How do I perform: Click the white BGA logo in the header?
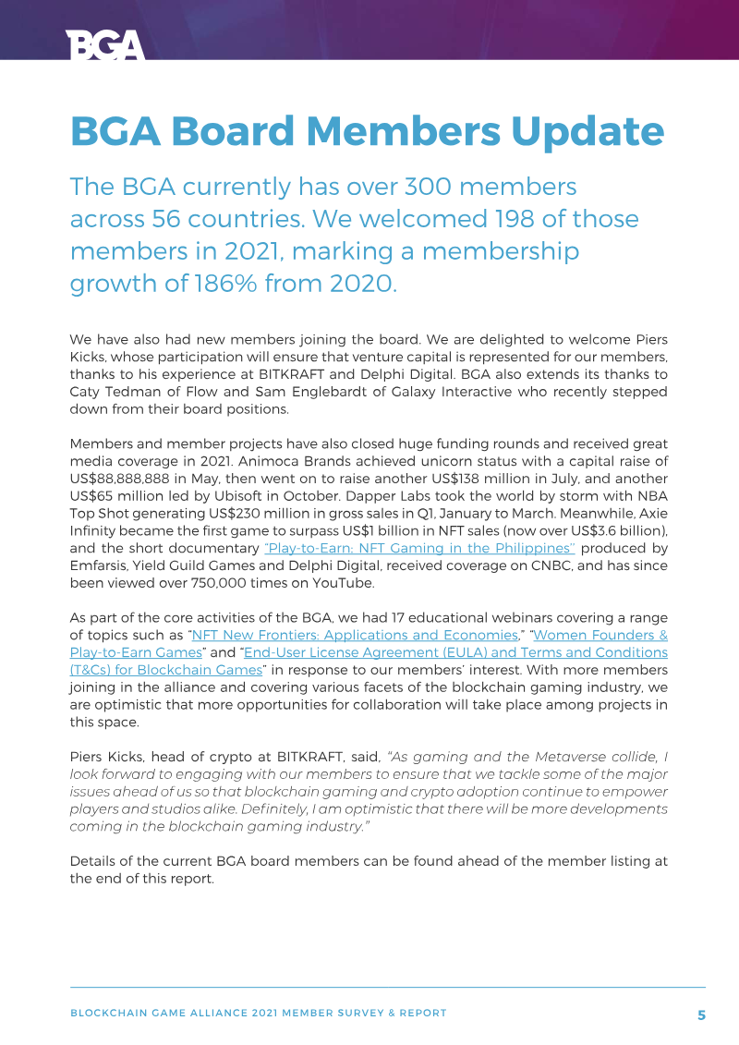coord(105,44)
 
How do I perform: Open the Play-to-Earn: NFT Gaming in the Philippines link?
coord(419,548)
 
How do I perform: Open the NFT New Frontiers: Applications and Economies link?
coord(354,636)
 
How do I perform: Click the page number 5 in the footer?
coord(701,1015)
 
